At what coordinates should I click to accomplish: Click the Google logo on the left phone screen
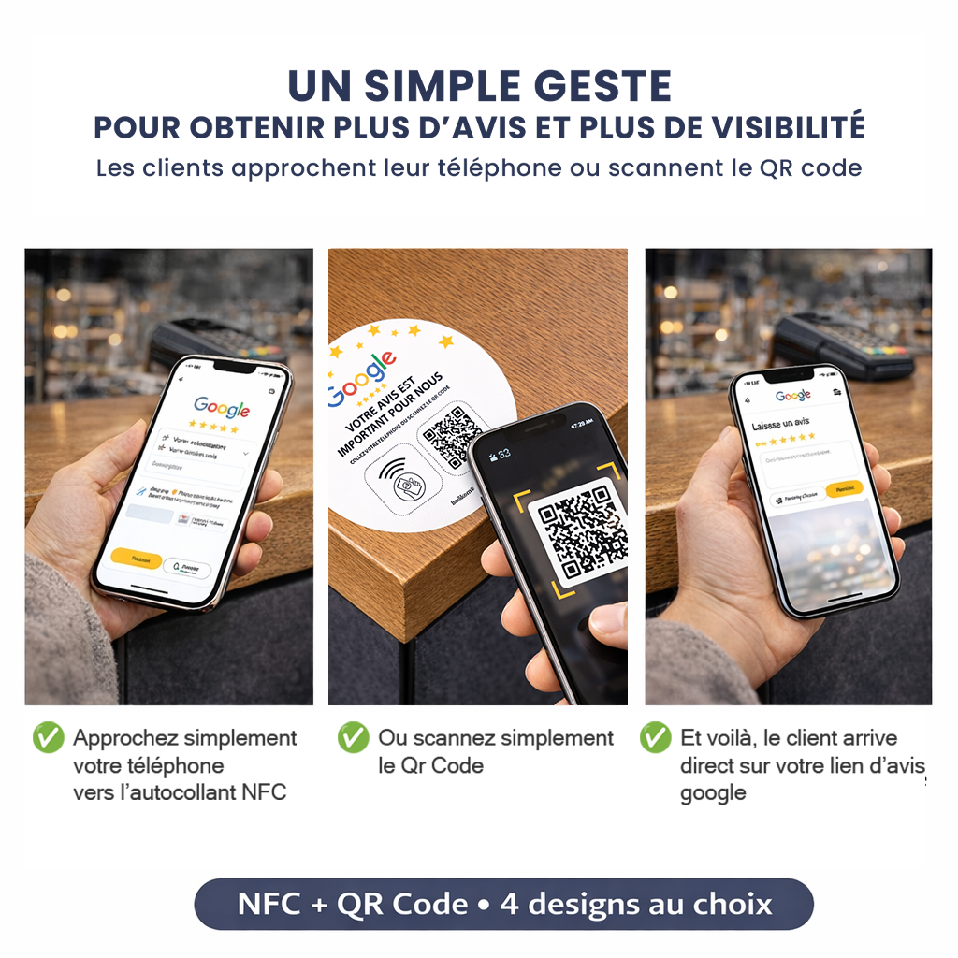point(222,408)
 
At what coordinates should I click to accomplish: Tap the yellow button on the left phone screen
point(137,558)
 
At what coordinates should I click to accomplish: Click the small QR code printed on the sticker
point(452,436)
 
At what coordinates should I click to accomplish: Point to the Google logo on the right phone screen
point(793,396)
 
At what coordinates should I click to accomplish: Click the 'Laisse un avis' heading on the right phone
point(782,425)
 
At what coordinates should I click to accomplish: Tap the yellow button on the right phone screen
point(844,488)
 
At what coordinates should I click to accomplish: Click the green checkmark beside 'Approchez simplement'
point(49,737)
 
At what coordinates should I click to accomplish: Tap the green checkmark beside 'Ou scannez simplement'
point(354,737)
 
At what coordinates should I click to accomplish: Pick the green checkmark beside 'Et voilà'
point(655,737)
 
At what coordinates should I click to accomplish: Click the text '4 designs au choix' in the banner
point(636,905)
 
